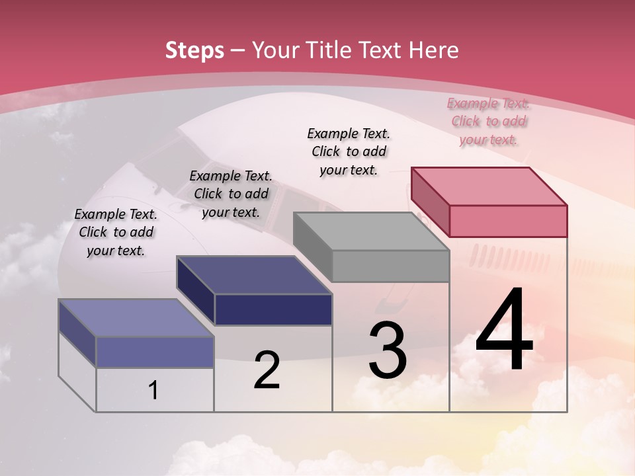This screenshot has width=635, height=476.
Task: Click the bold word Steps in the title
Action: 194,50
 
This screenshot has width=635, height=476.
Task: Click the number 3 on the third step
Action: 388,350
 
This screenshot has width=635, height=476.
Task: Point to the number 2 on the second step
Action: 267,370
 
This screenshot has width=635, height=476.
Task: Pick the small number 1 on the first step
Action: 153,391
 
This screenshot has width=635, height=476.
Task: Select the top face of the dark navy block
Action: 254,275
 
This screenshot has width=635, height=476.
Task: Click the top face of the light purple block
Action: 136,318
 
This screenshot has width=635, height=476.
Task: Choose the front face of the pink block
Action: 508,221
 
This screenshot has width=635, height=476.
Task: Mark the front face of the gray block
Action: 390,266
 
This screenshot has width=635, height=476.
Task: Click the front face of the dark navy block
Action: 273,309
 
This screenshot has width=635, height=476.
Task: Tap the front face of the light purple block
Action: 155,352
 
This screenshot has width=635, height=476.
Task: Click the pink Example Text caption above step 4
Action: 489,121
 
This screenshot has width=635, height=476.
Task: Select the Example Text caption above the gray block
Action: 349,151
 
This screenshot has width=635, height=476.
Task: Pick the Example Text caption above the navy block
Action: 231,194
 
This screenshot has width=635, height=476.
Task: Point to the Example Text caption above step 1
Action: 116,232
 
